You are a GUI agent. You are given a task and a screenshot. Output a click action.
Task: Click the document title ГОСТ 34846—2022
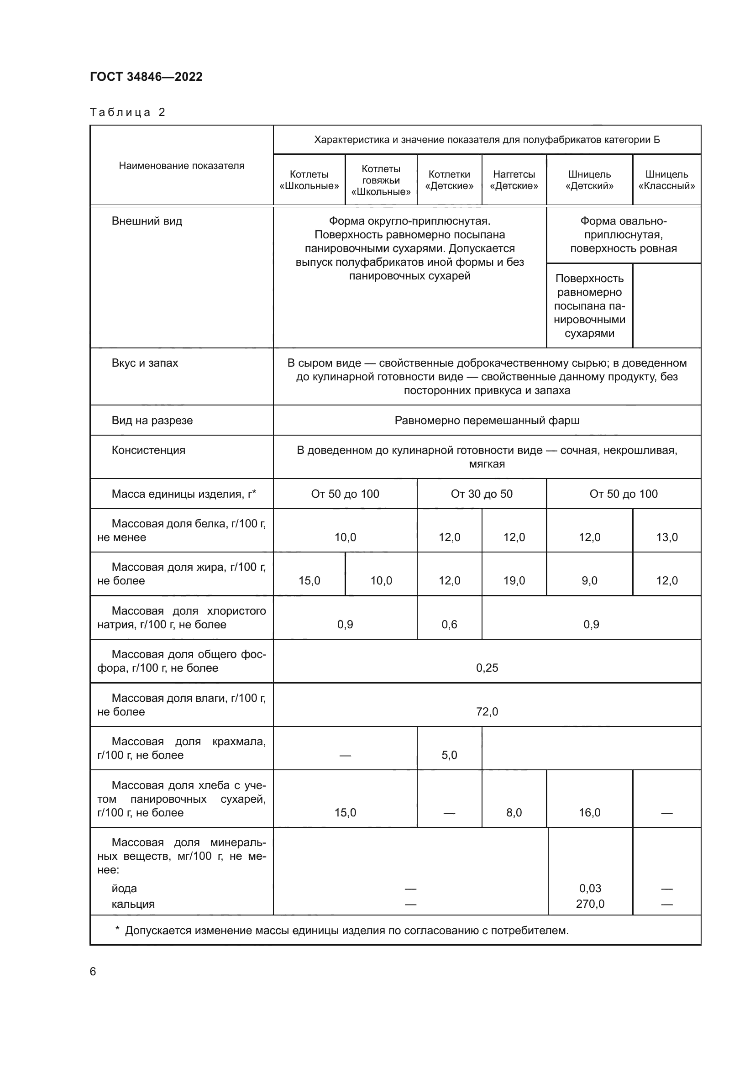point(146,77)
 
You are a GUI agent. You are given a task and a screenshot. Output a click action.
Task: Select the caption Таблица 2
point(127,112)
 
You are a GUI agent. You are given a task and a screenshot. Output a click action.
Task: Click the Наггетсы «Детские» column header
point(514,180)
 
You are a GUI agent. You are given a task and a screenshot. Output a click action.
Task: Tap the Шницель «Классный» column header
point(666,180)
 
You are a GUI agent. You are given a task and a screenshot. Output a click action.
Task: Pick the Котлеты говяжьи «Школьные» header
point(381,180)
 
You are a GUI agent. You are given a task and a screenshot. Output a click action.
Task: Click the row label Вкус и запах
point(145,363)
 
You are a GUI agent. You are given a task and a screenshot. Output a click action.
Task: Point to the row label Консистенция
point(148,450)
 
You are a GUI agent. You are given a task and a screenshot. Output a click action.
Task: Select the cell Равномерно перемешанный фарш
point(487,421)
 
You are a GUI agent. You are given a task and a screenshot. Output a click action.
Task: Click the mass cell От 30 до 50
point(481,494)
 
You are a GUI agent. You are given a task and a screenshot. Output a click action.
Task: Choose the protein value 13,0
point(666,537)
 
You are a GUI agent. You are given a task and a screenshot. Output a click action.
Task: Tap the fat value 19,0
point(514,580)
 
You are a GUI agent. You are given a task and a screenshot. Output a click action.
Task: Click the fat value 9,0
point(589,580)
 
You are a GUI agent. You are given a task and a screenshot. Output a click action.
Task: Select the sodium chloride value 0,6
point(449,624)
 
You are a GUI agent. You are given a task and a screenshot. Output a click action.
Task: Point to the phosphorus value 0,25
point(487,668)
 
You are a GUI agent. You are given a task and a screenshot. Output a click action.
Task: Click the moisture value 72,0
point(487,712)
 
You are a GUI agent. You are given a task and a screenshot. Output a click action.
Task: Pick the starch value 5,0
point(449,755)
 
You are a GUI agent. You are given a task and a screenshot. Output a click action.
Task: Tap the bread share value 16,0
point(589,813)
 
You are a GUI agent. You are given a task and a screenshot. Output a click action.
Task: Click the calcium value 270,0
point(590,904)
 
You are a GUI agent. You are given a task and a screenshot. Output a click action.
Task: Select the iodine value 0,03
point(590,889)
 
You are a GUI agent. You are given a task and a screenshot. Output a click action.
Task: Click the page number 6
point(93,972)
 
